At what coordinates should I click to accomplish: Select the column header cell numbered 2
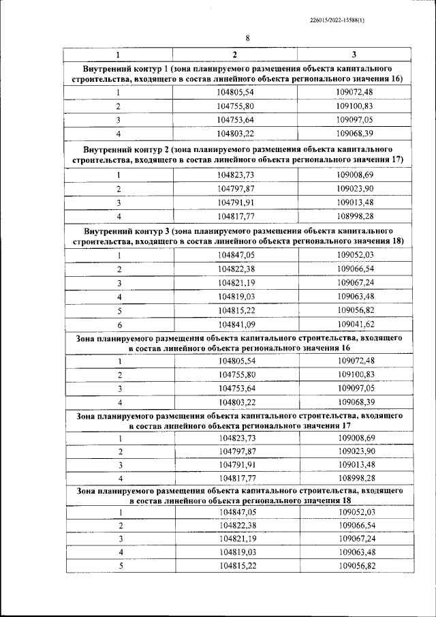pyautogui.click(x=235, y=55)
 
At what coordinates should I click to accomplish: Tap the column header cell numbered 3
pyautogui.click(x=354, y=55)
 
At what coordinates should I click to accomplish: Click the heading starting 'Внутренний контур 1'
pyautogui.click(x=236, y=75)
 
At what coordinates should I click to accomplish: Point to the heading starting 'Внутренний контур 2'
pyautogui.click(x=236, y=154)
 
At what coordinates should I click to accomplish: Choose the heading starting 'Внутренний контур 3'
pyautogui.click(x=236, y=237)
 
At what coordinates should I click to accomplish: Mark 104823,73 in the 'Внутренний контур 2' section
pyautogui.click(x=235, y=175)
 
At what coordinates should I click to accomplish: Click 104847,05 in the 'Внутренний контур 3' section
pyautogui.click(x=235, y=256)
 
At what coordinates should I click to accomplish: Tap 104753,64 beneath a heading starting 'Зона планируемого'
pyautogui.click(x=235, y=388)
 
